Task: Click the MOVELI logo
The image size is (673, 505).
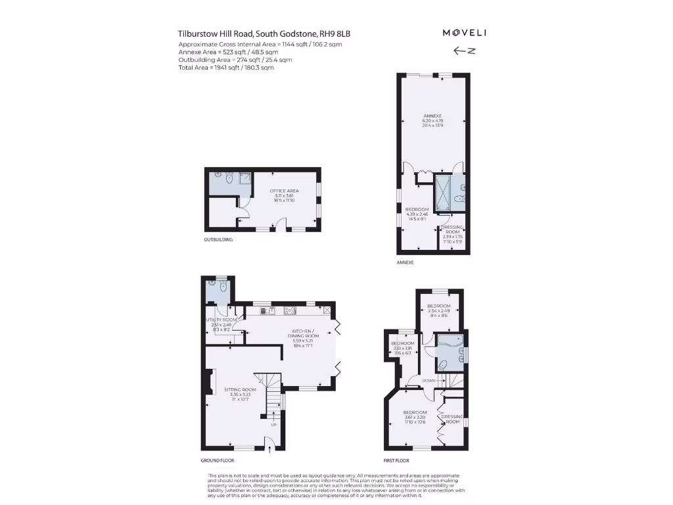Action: pyautogui.click(x=464, y=33)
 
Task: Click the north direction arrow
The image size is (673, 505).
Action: pyautogui.click(x=464, y=51)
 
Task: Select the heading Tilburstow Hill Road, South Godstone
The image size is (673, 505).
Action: pyautogui.click(x=268, y=34)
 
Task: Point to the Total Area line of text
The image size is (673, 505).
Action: pyautogui.click(x=225, y=68)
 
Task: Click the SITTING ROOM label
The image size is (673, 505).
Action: pyautogui.click(x=239, y=390)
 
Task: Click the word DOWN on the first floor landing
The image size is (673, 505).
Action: pyautogui.click(x=428, y=381)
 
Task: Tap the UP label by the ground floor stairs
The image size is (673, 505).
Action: pyautogui.click(x=273, y=424)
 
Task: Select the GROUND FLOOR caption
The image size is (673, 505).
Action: pyautogui.click(x=216, y=461)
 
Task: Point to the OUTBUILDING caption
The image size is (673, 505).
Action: pyautogui.click(x=218, y=240)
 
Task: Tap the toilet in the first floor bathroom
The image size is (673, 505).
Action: pyautogui.click(x=444, y=366)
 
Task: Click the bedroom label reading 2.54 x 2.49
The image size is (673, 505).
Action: pyautogui.click(x=438, y=311)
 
